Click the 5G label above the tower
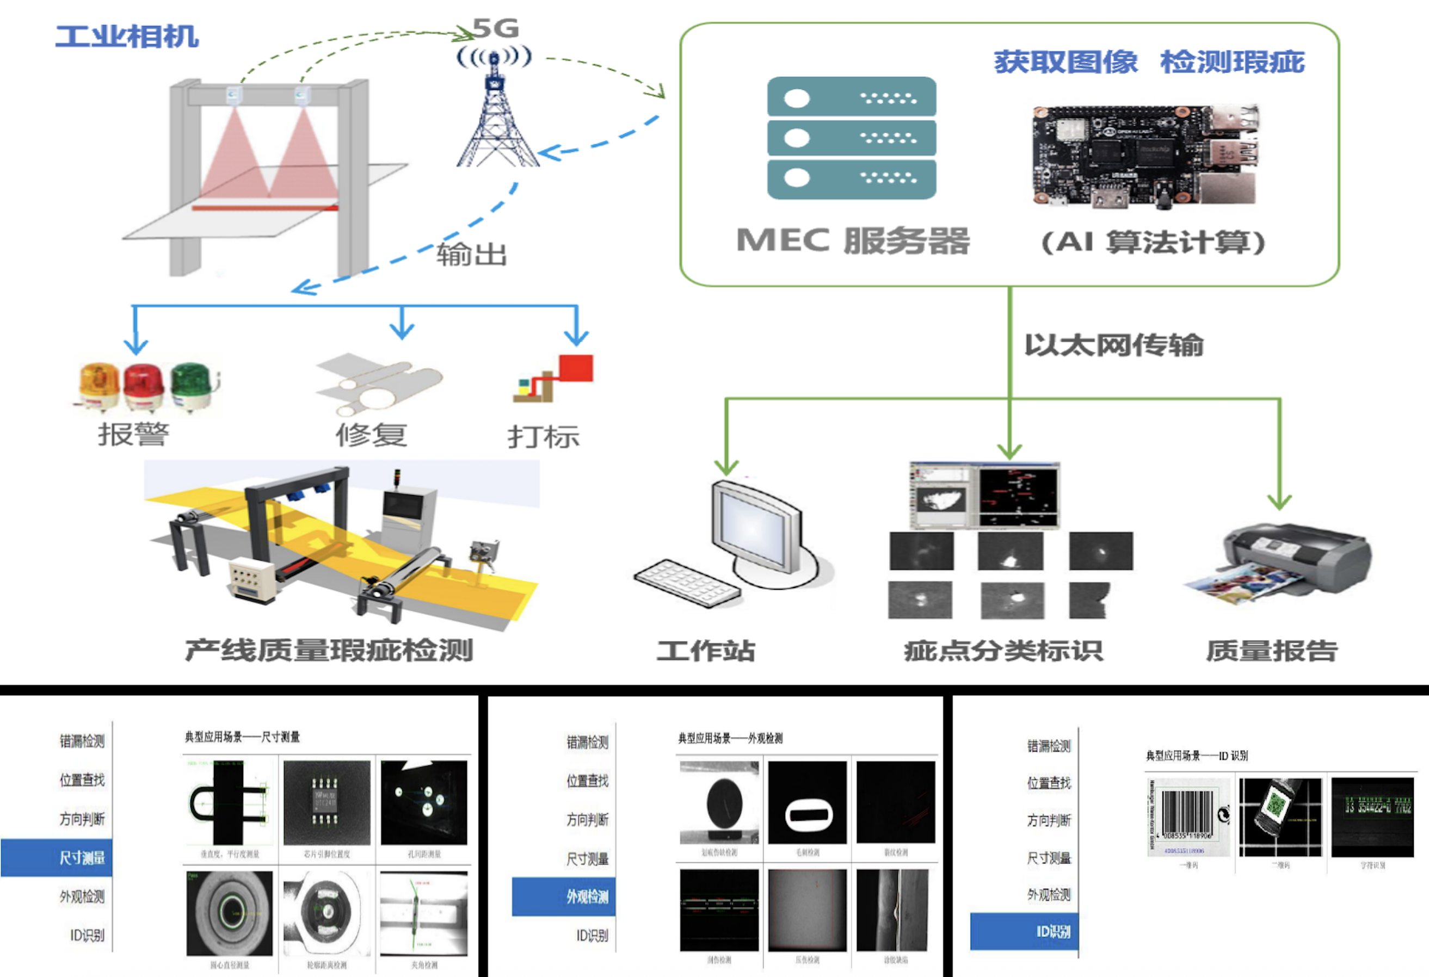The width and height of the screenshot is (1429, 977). (x=496, y=28)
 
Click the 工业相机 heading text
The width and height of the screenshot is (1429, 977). (x=127, y=37)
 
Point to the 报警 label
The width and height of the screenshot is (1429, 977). (x=133, y=435)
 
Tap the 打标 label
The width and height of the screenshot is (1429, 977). (x=543, y=436)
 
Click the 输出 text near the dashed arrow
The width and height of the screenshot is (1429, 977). (x=472, y=255)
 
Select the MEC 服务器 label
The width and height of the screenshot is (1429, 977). (x=853, y=240)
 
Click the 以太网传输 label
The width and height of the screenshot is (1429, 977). (x=1113, y=345)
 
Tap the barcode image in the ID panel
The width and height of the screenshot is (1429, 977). (x=1188, y=817)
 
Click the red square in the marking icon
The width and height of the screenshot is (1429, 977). (x=576, y=368)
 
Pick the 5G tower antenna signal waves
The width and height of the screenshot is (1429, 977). (x=494, y=57)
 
